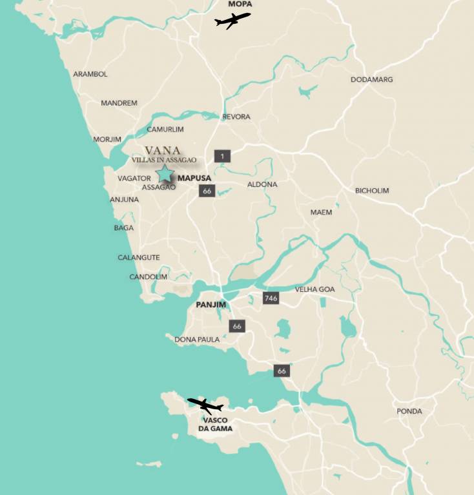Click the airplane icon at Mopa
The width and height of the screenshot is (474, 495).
point(232,21)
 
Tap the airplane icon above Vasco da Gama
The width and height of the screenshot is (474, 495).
point(205,405)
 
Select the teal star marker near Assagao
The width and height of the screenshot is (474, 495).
point(165,173)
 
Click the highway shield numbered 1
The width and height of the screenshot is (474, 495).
point(222,156)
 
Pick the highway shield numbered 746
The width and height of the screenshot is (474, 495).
point(271,298)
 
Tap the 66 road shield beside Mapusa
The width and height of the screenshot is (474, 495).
point(207,191)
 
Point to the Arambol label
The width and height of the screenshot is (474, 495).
point(90,74)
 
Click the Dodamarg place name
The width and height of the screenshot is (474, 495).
point(371,80)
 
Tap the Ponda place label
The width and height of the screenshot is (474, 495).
point(409,411)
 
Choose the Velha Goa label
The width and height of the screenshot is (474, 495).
point(314,289)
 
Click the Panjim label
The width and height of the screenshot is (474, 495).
point(209,304)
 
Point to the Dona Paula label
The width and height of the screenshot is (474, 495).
point(197,339)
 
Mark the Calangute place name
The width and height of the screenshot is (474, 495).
point(138,258)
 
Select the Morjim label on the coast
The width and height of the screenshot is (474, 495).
point(107,139)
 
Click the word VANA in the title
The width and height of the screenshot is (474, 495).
point(163,150)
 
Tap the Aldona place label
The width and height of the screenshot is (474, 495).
point(262,184)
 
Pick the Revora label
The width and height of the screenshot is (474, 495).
point(236,117)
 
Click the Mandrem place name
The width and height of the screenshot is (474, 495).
point(119,103)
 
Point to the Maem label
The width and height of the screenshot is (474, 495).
point(321,212)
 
